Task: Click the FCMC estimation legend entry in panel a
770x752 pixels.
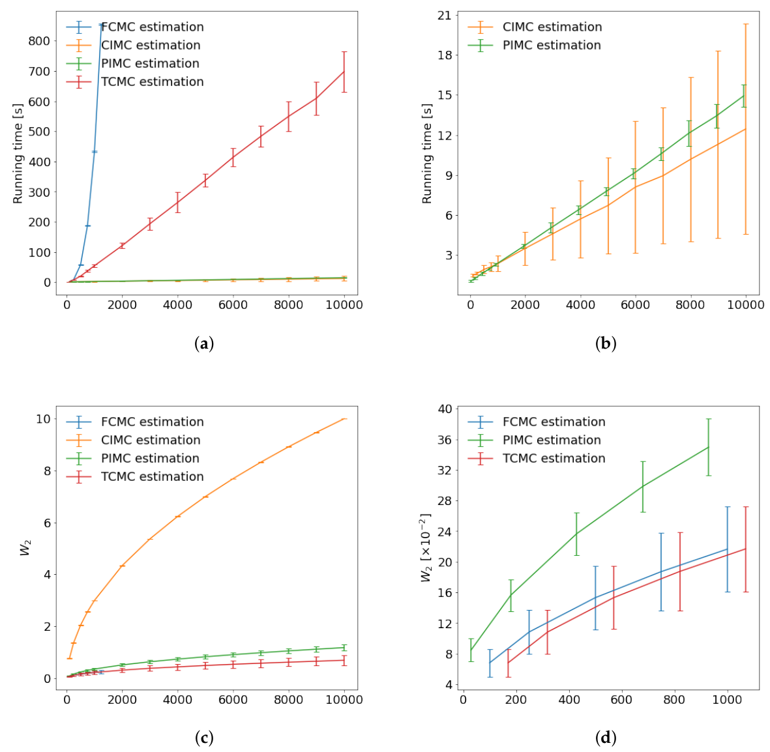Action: pos(135,27)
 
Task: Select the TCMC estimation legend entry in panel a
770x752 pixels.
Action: pos(135,82)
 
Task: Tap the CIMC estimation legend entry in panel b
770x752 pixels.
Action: pos(535,27)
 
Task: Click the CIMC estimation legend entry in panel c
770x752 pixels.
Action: pos(134,441)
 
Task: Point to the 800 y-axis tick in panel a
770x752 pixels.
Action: pos(39,41)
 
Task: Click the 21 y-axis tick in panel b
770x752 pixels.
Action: pos(445,15)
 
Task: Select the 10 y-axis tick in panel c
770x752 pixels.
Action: pos(43,419)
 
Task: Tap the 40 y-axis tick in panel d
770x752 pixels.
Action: pos(445,409)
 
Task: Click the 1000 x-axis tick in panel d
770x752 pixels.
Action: pos(727,699)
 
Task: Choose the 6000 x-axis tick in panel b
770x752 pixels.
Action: pos(635,305)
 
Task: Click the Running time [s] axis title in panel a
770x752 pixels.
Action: pos(18,153)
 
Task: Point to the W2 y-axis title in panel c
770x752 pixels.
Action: pos(25,547)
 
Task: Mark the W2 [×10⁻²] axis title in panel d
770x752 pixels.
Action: pos(426,547)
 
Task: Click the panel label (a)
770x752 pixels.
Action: pos(204,343)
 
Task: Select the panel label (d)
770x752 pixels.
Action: pos(606,738)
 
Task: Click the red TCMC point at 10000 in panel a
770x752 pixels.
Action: pos(344,72)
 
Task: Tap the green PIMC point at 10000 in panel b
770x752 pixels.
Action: pos(743,96)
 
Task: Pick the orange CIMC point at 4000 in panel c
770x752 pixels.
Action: pos(178,516)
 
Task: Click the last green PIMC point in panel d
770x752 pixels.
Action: pos(708,447)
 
